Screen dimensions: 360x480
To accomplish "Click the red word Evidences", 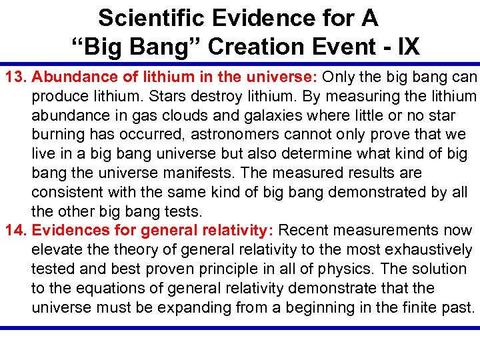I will tap(67, 231).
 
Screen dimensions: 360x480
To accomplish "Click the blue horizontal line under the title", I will tap(240, 62).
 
